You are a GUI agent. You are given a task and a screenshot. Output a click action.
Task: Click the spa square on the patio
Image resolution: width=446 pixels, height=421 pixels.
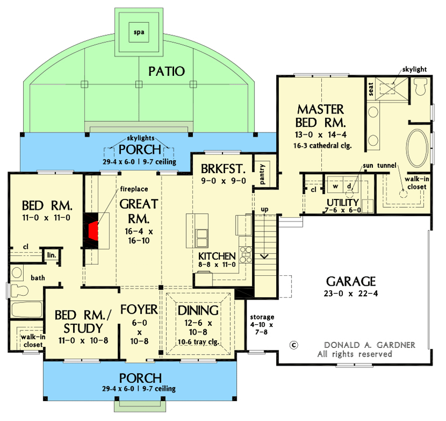click(139, 32)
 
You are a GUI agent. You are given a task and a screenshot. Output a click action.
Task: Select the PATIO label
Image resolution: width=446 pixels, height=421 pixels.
click(166, 71)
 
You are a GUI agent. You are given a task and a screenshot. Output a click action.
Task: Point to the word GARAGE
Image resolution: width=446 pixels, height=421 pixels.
click(350, 281)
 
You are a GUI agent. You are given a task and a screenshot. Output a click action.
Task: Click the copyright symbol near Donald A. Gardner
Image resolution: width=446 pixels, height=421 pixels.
click(294, 345)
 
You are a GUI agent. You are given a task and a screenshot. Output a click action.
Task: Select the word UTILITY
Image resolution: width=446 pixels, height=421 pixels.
click(342, 203)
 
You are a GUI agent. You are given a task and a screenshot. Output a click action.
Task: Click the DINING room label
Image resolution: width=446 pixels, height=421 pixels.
click(198, 310)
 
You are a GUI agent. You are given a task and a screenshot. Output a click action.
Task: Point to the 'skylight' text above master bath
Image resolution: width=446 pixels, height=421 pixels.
click(415, 69)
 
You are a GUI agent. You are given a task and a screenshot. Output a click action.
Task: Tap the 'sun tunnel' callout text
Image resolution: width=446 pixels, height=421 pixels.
click(378, 166)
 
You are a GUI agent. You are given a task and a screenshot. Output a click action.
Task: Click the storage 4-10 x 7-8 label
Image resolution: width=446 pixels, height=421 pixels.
click(262, 324)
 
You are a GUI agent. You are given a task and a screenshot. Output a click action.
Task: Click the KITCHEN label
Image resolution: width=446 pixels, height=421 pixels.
click(217, 256)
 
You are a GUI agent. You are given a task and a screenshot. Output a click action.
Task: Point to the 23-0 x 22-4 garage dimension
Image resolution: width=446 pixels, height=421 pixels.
click(350, 293)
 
